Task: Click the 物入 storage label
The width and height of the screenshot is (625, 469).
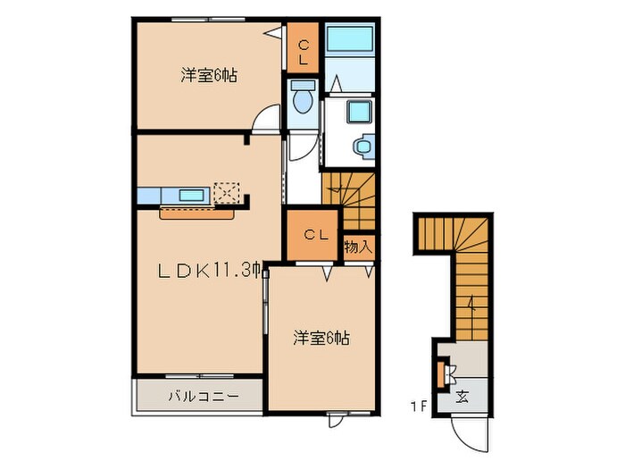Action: (357, 247)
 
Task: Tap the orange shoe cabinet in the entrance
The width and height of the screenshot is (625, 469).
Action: (441, 373)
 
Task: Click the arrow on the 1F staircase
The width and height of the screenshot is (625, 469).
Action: (471, 308)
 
